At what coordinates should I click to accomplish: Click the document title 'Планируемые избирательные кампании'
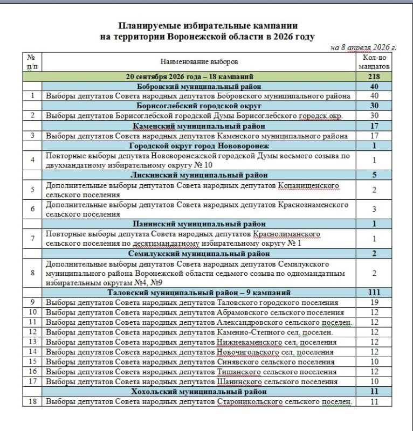(208, 25)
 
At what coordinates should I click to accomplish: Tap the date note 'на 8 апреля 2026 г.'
(363, 47)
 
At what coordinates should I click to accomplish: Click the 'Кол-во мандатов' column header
(375, 62)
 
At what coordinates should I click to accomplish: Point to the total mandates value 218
(375, 77)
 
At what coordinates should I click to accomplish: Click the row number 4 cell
(33, 160)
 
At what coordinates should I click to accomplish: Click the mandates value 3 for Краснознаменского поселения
(375, 209)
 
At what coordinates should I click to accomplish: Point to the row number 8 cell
(33, 273)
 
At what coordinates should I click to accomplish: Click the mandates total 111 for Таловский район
(375, 293)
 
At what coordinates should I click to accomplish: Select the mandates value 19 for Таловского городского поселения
(375, 302)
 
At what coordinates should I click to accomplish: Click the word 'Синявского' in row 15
(238, 362)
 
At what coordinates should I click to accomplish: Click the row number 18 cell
(33, 401)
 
